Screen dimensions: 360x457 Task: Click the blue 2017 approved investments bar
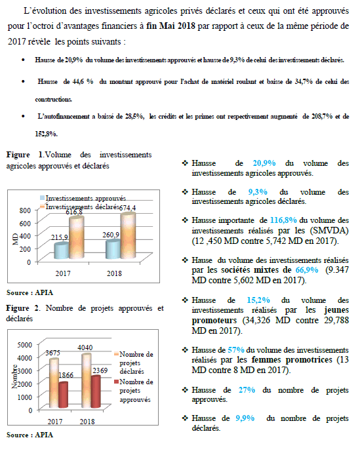point(62,251)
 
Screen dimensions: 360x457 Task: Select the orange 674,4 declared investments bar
point(128,235)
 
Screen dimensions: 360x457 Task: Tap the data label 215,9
point(59,237)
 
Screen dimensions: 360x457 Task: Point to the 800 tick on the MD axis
point(25,210)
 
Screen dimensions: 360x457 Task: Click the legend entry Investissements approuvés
point(83,198)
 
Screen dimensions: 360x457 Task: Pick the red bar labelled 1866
point(63,395)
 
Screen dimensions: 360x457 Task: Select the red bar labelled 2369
point(96,391)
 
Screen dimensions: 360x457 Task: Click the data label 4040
point(85,348)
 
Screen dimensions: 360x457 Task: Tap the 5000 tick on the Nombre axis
point(25,345)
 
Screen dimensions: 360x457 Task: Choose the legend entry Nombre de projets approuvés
point(134,391)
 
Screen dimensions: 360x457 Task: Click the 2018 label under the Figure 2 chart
point(87,422)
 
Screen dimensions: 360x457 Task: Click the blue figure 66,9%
point(307,270)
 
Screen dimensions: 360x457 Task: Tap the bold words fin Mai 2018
point(170,26)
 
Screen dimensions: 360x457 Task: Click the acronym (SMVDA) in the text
point(329,231)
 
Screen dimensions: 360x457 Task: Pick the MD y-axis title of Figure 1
point(15,239)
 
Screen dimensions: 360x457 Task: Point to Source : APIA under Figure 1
point(30,292)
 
